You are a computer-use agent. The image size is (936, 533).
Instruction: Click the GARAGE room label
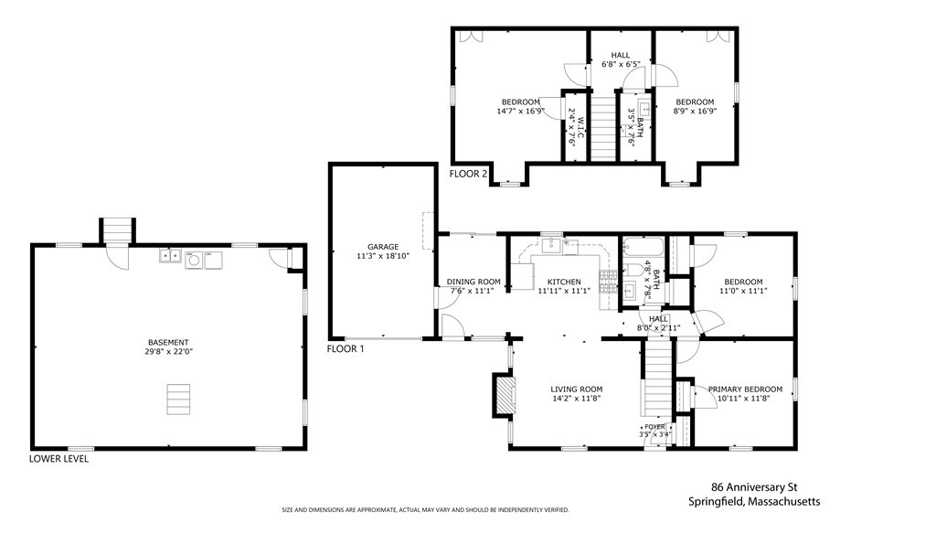pyautogui.click(x=383, y=247)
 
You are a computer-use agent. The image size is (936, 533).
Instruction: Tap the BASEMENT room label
pyautogui.click(x=168, y=342)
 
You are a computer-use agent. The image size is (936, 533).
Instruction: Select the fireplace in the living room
pyautogui.click(x=505, y=394)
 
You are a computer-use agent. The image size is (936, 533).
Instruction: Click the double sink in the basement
pyautogui.click(x=171, y=256)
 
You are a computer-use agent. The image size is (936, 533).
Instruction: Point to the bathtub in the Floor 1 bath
pyautogui.click(x=643, y=247)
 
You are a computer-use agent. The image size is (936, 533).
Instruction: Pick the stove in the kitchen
pyautogui.click(x=608, y=282)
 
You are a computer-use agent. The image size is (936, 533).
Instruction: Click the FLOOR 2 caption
pyautogui.click(x=468, y=174)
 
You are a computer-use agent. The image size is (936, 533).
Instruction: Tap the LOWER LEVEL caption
pyautogui.click(x=58, y=458)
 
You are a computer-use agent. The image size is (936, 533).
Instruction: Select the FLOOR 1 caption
pyautogui.click(x=345, y=348)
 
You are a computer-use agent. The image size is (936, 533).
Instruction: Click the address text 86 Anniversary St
pyautogui.click(x=754, y=487)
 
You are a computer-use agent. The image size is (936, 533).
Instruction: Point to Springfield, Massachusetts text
pyautogui.click(x=754, y=501)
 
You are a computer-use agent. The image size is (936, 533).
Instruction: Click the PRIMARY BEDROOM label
pyautogui.click(x=745, y=389)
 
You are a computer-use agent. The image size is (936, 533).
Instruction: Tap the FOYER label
pyautogui.click(x=654, y=427)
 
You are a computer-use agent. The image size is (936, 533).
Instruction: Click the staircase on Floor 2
pyautogui.click(x=603, y=124)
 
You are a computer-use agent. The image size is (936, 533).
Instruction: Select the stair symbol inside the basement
pyautogui.click(x=178, y=400)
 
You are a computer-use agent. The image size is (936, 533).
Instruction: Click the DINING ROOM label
pyautogui.click(x=473, y=282)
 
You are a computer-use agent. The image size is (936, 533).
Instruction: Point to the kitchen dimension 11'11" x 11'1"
pyautogui.click(x=564, y=291)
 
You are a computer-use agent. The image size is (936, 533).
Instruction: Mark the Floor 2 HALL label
pyautogui.click(x=621, y=55)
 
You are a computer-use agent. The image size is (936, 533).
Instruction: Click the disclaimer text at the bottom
pyautogui.click(x=425, y=510)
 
